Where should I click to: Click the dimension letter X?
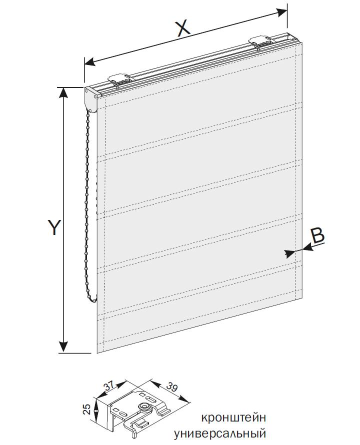point(183,28)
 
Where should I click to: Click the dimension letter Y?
point(53,227)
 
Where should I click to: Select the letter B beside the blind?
point(317,235)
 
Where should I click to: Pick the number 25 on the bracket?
point(88,409)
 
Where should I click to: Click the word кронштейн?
point(233,418)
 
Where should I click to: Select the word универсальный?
point(219,434)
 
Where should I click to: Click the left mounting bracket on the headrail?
point(120,80)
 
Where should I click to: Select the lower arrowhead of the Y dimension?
point(63,347)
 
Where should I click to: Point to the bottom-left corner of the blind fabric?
point(97,353)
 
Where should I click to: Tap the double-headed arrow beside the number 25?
point(96,409)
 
